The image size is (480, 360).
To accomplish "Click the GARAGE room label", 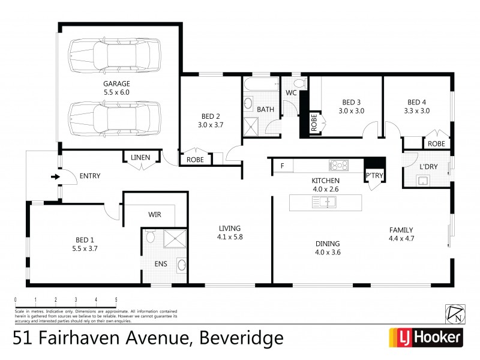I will (x=116, y=83).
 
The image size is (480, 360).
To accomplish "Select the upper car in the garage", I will (x=115, y=55).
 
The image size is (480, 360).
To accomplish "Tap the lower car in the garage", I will (x=115, y=118).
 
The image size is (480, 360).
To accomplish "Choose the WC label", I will (x=291, y=93).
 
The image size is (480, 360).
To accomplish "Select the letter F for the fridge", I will (x=282, y=166).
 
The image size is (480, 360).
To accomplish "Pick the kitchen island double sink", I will (x=324, y=202).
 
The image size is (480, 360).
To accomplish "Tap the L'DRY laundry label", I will (x=428, y=166).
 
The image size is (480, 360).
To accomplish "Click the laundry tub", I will (x=422, y=181).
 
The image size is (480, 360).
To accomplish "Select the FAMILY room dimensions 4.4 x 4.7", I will (x=401, y=238).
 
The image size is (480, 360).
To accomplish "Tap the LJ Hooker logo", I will (x=427, y=337).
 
